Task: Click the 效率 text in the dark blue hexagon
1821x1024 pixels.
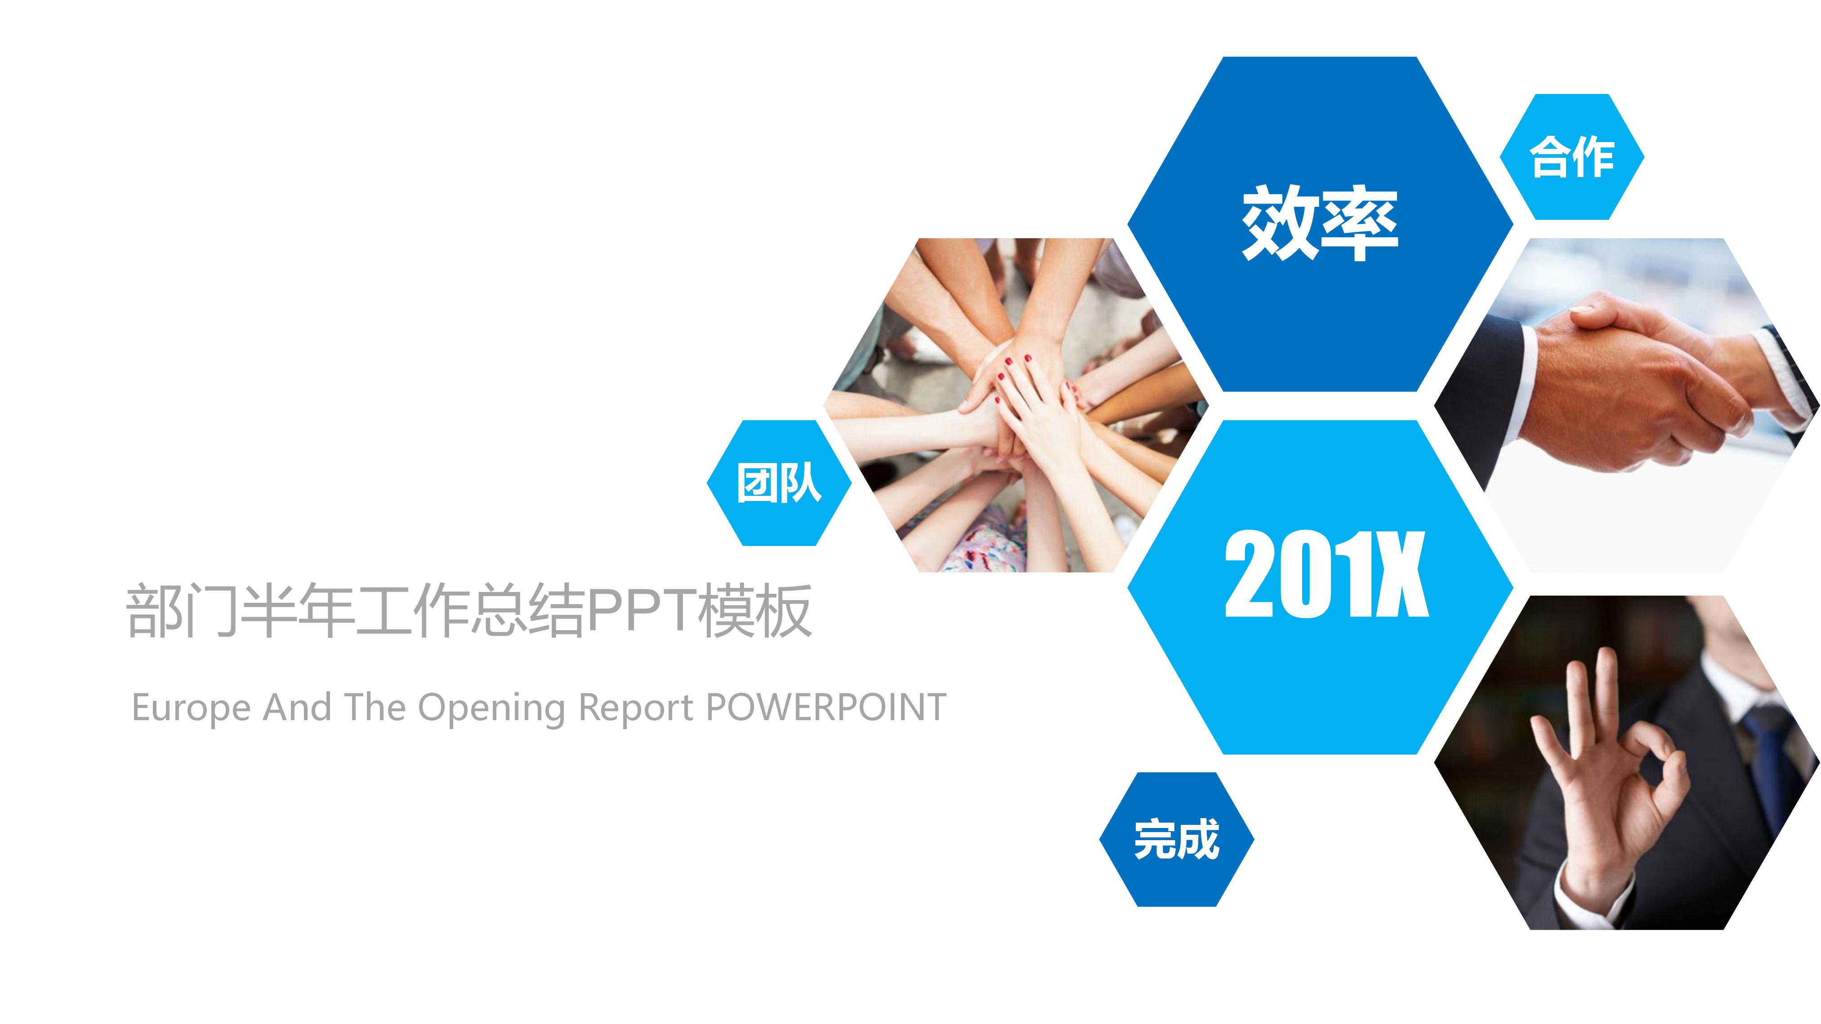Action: pyautogui.click(x=1320, y=223)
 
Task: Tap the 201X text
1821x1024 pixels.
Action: pyautogui.click(x=1326, y=574)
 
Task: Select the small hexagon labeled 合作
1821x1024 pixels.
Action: pyautogui.click(x=1571, y=157)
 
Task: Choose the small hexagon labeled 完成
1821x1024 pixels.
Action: pyautogui.click(x=1176, y=840)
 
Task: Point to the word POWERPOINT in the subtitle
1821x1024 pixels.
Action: pyautogui.click(x=826, y=708)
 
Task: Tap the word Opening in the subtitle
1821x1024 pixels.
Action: pyautogui.click(x=491, y=708)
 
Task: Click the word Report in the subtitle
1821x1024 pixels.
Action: pyautogui.click(x=635, y=708)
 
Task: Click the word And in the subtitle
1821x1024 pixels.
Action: pyautogui.click(x=297, y=708)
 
